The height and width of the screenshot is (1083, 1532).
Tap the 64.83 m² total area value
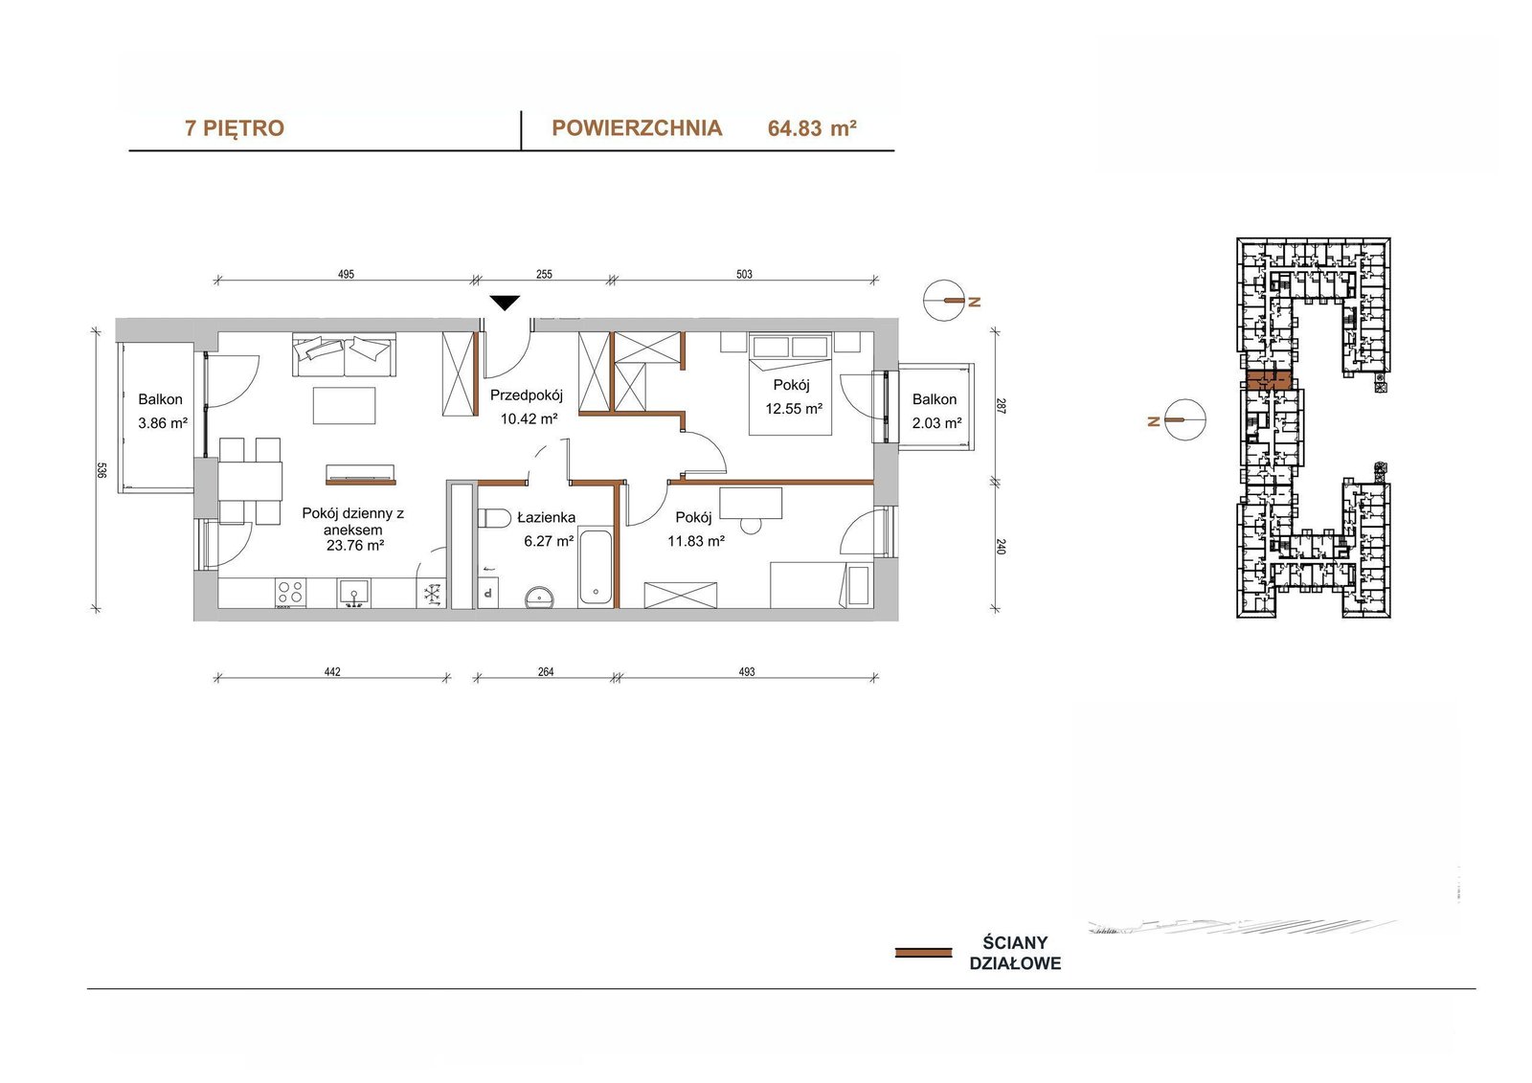click(x=812, y=128)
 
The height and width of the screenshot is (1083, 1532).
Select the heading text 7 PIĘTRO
click(x=235, y=128)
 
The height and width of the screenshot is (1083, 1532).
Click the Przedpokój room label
click(x=526, y=395)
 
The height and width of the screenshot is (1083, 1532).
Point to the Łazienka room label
click(x=546, y=517)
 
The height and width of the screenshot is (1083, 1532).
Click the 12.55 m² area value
click(x=794, y=409)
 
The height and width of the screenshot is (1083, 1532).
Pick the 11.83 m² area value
click(x=696, y=541)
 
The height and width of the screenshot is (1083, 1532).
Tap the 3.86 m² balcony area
click(x=163, y=423)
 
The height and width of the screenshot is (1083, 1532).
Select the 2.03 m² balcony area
click(x=937, y=423)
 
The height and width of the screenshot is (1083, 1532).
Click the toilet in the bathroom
click(x=493, y=519)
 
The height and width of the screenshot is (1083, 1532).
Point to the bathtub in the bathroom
click(x=595, y=566)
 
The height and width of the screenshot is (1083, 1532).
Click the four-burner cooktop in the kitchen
click(x=290, y=593)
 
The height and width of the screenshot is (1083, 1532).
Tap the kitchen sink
click(x=353, y=593)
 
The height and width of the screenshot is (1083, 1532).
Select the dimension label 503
click(x=744, y=275)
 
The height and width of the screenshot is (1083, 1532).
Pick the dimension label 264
click(x=546, y=672)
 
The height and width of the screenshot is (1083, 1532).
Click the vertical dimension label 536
click(x=101, y=471)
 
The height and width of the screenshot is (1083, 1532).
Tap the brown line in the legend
click(x=923, y=953)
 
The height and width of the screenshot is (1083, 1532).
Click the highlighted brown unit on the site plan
click(x=1270, y=380)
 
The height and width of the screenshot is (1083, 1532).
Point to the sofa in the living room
click(x=344, y=354)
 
